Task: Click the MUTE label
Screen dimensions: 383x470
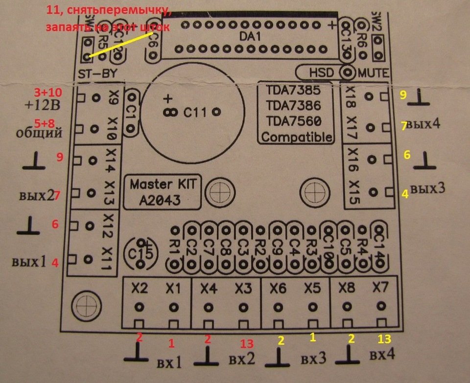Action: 374,73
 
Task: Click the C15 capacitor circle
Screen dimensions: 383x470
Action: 142,253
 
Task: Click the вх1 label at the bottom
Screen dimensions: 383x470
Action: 169,363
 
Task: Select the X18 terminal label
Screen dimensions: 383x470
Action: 350,96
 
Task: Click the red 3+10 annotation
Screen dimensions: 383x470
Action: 48,92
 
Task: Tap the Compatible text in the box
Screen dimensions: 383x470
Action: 296,137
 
